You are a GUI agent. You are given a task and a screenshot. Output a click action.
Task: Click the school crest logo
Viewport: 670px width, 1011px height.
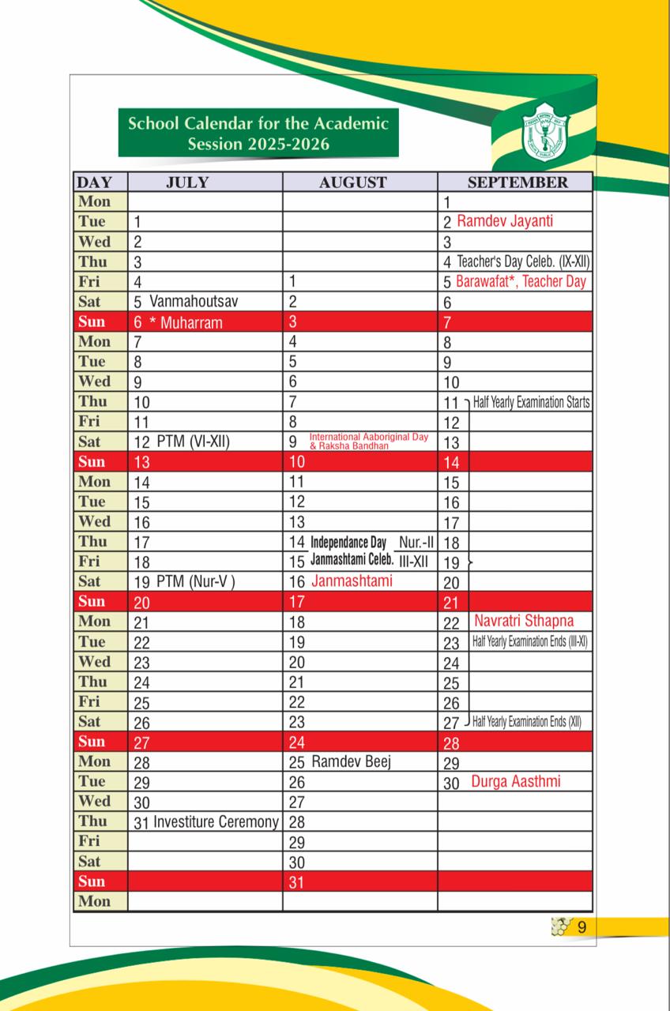pos(544,128)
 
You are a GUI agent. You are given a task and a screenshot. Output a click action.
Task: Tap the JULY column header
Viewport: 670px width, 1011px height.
pos(187,182)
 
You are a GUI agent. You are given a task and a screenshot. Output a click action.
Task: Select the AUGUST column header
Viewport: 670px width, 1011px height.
pos(353,182)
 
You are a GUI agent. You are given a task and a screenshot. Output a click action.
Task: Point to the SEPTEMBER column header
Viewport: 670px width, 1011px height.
pos(517,182)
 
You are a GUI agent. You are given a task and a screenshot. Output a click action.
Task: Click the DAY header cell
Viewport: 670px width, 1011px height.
pos(94,182)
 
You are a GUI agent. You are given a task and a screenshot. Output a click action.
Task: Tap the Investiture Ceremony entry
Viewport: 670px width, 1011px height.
pos(216,821)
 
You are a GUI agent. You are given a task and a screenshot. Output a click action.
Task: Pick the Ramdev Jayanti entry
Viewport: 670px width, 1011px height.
pos(505,221)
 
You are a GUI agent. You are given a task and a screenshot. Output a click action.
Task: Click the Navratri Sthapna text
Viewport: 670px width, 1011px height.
pos(524,621)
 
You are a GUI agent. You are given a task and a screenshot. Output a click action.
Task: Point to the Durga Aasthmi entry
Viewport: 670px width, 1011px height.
pos(516,781)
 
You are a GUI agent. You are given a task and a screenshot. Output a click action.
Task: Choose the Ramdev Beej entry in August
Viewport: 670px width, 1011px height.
pos(352,761)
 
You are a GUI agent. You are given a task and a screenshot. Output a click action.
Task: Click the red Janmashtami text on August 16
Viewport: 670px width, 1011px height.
pos(352,581)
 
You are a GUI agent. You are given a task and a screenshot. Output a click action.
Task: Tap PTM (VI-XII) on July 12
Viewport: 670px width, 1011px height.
pos(193,442)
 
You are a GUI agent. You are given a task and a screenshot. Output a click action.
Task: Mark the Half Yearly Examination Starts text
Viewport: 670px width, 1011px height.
pos(531,402)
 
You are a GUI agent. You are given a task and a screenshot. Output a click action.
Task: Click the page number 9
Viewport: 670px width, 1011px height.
pos(582,927)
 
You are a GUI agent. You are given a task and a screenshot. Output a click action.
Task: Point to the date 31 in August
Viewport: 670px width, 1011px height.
pos(296,882)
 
